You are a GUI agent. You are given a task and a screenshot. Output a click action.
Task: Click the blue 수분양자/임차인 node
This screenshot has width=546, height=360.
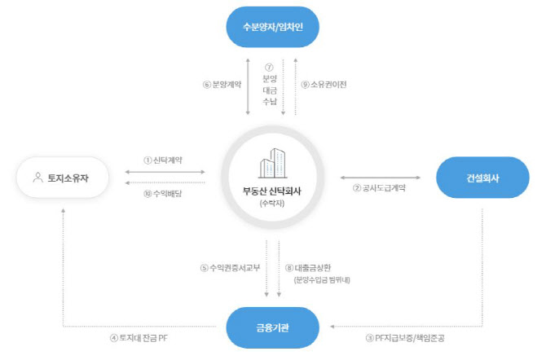point(273,27)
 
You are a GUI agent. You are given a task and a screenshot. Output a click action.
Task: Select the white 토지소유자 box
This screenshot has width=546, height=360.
point(63,178)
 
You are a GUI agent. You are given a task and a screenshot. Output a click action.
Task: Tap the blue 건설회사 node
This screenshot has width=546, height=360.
point(482,178)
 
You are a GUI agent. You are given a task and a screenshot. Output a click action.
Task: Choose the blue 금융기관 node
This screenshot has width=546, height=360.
point(273,327)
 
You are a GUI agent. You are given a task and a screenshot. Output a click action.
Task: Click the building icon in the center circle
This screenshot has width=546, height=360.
point(273,163)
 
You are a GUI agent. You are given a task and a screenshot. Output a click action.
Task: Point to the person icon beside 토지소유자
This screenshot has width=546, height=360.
point(38,178)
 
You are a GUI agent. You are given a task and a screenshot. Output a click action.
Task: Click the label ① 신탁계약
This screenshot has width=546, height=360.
point(163,160)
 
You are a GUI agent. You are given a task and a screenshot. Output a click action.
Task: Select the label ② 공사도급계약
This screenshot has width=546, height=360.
point(379,188)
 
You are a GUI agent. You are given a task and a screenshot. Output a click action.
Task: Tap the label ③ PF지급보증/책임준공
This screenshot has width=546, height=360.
point(405,338)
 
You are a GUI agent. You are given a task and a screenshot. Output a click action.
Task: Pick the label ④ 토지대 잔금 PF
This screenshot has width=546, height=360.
point(139,338)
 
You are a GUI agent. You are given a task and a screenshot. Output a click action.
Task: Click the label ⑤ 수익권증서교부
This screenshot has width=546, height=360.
point(230,268)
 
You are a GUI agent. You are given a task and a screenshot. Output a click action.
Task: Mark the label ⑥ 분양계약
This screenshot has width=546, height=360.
point(222,84)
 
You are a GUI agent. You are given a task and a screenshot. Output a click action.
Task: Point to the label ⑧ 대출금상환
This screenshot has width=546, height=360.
point(308,268)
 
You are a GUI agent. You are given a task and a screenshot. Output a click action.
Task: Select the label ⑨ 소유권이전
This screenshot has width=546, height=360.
point(324,84)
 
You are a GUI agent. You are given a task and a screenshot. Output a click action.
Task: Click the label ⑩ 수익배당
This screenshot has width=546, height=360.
point(163,194)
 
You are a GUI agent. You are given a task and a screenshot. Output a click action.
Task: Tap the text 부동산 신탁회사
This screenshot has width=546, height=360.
point(272,191)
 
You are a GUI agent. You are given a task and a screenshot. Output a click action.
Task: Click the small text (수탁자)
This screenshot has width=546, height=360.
point(272,204)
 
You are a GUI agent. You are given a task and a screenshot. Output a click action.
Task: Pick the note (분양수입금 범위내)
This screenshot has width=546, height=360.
point(322,279)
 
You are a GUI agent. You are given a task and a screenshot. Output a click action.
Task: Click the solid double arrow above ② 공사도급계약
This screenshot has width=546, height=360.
point(381,178)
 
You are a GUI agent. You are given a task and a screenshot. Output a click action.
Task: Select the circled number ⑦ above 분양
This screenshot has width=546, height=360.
point(269,68)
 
